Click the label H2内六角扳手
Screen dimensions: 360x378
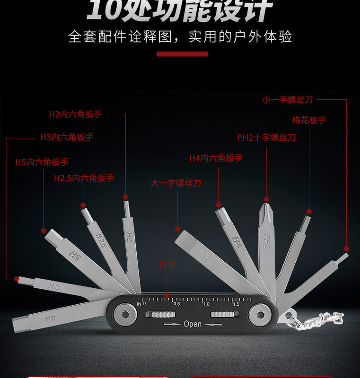click(x=76, y=114)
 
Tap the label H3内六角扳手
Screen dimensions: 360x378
click(x=67, y=137)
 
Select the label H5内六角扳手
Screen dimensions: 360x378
click(x=42, y=162)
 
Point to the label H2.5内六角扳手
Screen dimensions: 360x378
click(x=84, y=178)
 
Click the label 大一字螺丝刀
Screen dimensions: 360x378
click(x=176, y=183)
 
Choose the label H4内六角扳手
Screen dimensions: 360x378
click(x=216, y=158)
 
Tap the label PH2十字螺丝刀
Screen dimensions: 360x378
click(x=266, y=137)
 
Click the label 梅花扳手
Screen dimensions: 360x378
click(x=309, y=120)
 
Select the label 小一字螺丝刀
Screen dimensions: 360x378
click(x=288, y=100)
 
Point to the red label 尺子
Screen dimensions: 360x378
click(x=167, y=266)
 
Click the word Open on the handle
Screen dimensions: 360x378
click(x=193, y=324)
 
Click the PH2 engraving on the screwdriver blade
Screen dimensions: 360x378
click(x=266, y=242)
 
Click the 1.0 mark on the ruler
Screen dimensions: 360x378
click(x=207, y=304)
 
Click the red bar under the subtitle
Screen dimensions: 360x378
click(x=182, y=54)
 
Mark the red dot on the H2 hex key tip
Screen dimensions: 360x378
click(x=126, y=197)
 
